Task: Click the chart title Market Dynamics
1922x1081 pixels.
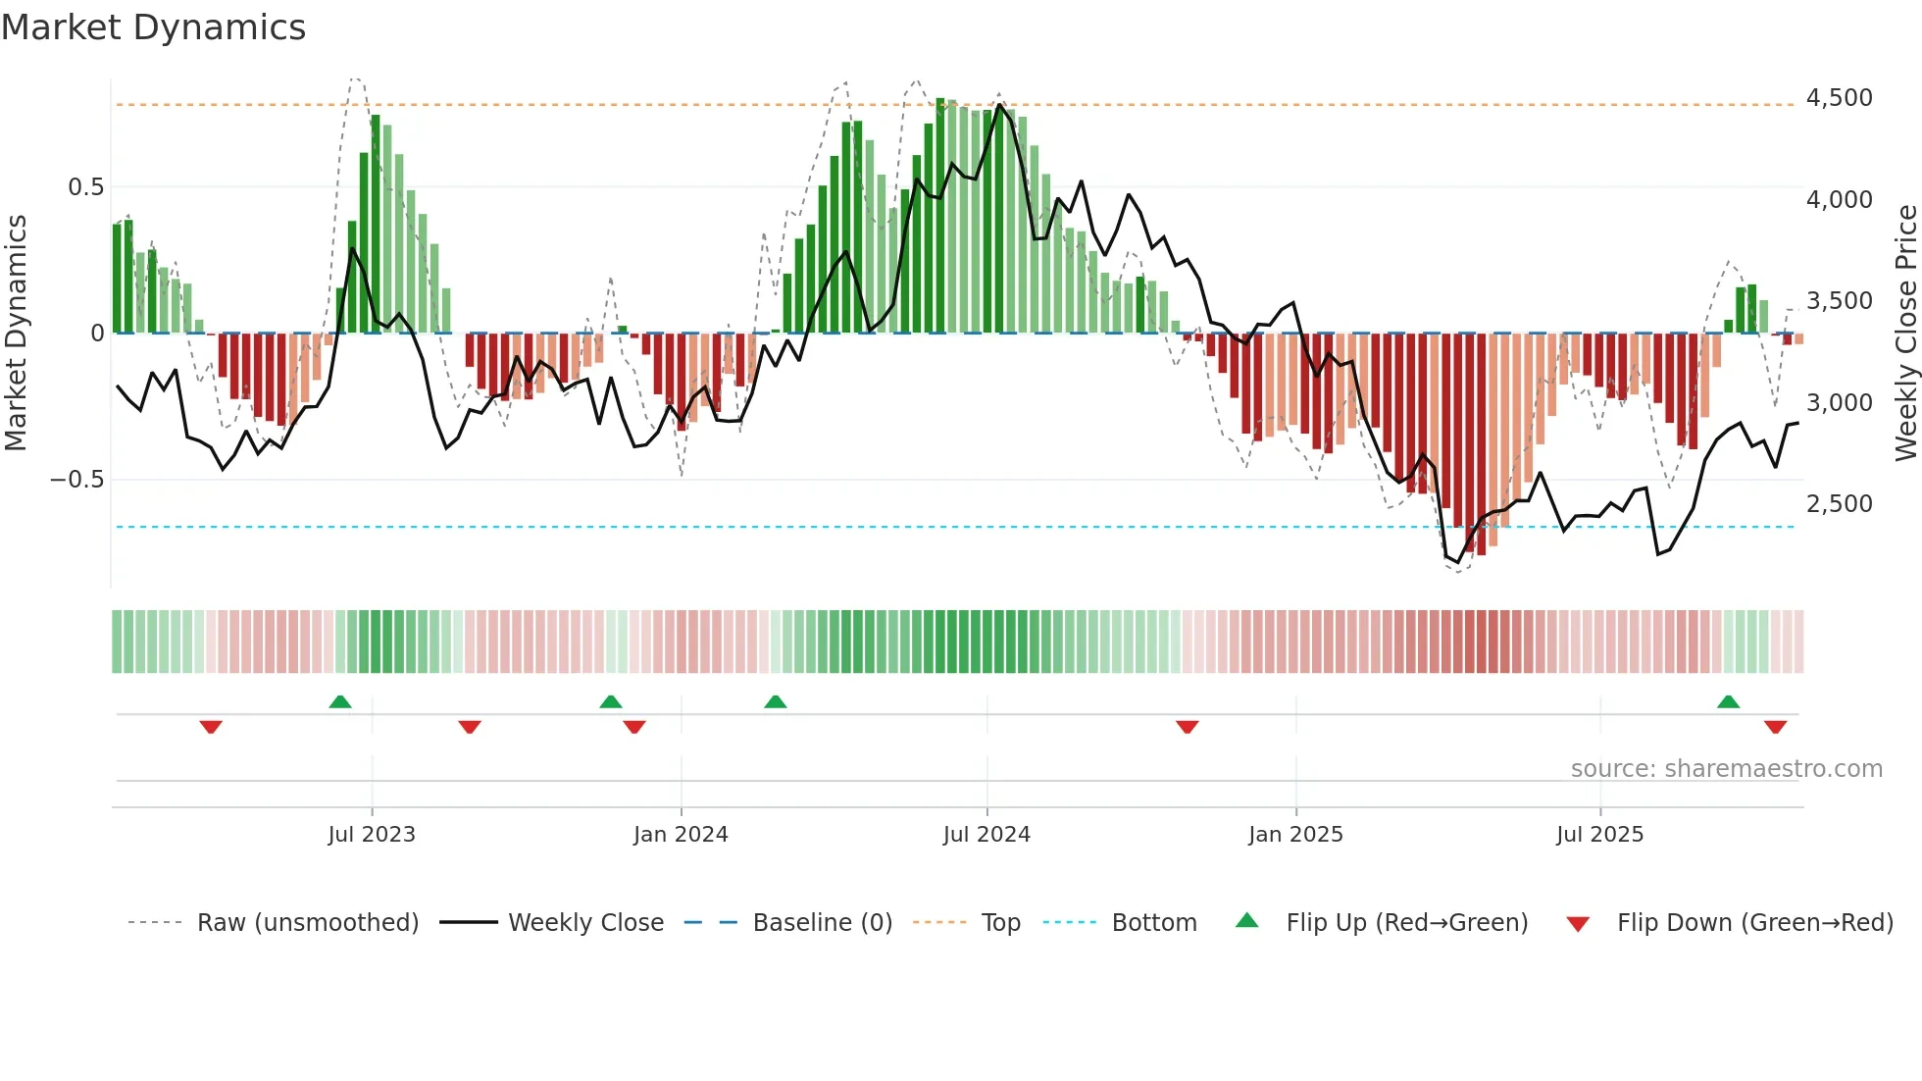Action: [153, 27]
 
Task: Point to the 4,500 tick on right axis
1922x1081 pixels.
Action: [1839, 98]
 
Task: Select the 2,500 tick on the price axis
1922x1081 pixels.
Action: [1839, 504]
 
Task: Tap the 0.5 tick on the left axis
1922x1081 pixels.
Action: [85, 187]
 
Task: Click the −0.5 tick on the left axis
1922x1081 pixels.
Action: [77, 480]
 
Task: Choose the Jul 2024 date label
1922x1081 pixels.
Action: [986, 835]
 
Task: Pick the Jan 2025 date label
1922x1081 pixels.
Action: [1295, 835]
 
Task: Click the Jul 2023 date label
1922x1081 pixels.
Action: [372, 835]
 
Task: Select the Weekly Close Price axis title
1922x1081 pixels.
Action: [1905, 334]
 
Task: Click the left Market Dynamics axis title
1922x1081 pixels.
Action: [16, 334]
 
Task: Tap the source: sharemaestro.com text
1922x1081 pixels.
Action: [1726, 769]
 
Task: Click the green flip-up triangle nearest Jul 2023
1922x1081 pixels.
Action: [340, 702]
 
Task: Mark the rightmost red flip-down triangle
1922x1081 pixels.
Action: [1775, 727]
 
